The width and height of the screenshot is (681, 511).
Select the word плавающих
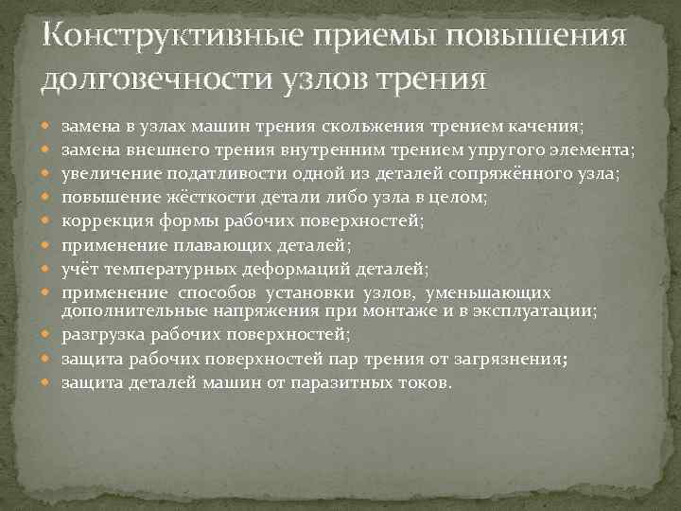[x=214, y=244]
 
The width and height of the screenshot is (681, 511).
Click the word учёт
[x=79, y=269]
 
